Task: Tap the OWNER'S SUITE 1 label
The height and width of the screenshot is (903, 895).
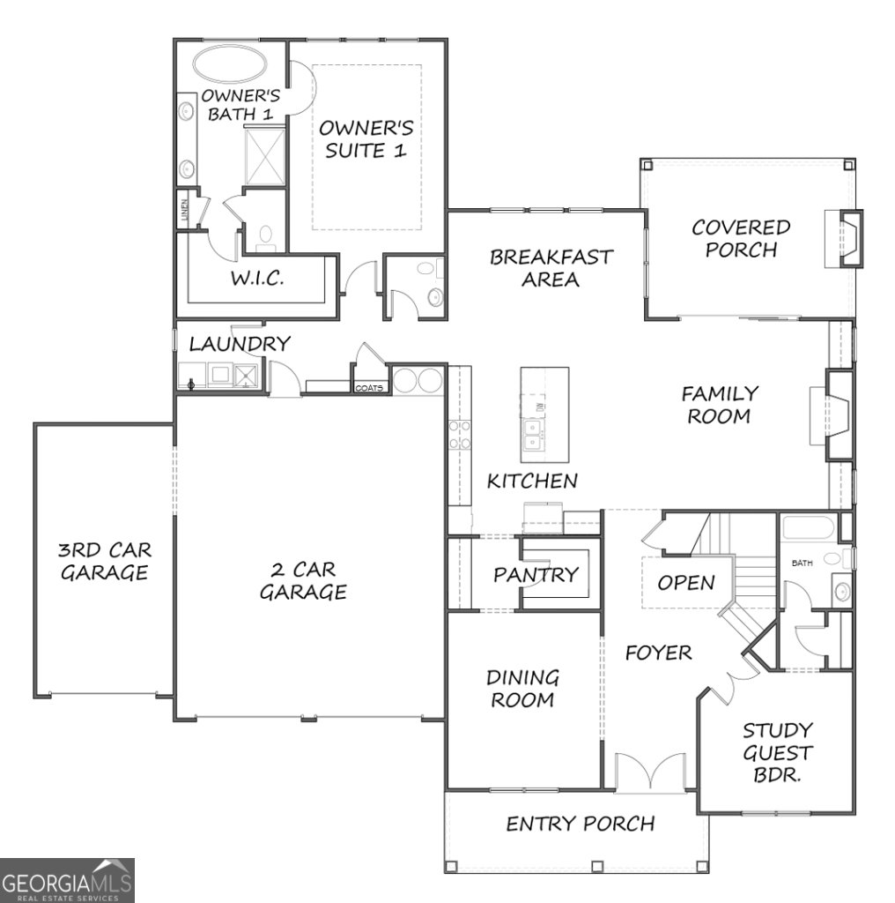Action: point(366,139)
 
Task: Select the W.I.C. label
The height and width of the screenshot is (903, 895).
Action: point(256,279)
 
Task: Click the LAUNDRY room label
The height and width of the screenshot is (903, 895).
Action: point(240,344)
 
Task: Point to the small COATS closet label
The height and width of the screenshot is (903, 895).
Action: point(369,388)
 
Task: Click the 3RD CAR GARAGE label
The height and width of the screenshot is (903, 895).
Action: point(104,561)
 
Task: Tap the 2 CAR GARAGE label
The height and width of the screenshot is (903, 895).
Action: point(302,580)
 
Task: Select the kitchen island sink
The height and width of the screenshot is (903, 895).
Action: point(533,435)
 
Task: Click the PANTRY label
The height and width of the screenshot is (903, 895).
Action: point(536,575)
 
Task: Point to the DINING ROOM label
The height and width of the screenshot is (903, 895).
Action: point(522,689)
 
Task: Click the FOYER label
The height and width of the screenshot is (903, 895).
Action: point(658,653)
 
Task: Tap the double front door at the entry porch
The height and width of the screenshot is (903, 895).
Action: point(649,772)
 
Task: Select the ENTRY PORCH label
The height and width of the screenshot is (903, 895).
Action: point(580,824)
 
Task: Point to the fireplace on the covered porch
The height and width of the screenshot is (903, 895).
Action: point(843,238)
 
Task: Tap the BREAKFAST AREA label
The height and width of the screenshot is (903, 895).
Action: point(551,268)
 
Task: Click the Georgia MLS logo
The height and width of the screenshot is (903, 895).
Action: point(67,880)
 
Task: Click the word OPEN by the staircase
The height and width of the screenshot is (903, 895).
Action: point(685,583)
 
